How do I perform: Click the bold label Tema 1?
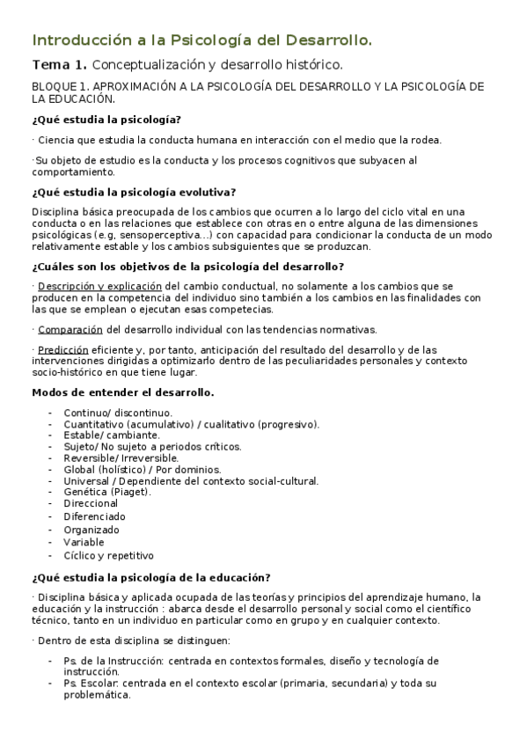point(59,65)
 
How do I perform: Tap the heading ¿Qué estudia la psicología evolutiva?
point(133,193)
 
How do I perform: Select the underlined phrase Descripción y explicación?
point(99,287)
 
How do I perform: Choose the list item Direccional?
point(91,504)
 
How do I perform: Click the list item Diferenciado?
point(94,516)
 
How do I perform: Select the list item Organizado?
point(91,530)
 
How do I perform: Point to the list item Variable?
point(84,542)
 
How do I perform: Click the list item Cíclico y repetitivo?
point(108,555)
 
